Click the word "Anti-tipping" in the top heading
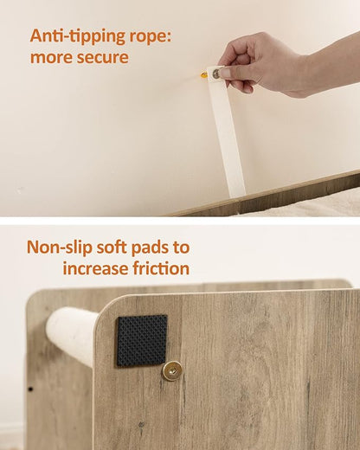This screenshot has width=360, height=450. pos(78,36)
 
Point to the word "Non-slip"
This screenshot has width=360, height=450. pos(60,247)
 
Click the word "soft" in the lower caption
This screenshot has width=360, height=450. pos(112,247)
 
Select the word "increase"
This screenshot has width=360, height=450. pos(95,268)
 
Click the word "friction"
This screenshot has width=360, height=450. pos(161,268)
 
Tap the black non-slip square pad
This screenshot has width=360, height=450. pos(142,341)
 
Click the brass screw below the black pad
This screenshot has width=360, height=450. pos(171,370)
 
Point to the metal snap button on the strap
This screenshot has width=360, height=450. pos(216,74)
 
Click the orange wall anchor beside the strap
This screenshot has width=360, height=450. pos(204,75)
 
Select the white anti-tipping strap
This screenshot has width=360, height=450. pos(227,132)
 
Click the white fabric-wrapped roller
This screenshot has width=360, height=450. pos(72,336)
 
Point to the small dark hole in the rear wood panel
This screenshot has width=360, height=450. pos(30,389)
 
